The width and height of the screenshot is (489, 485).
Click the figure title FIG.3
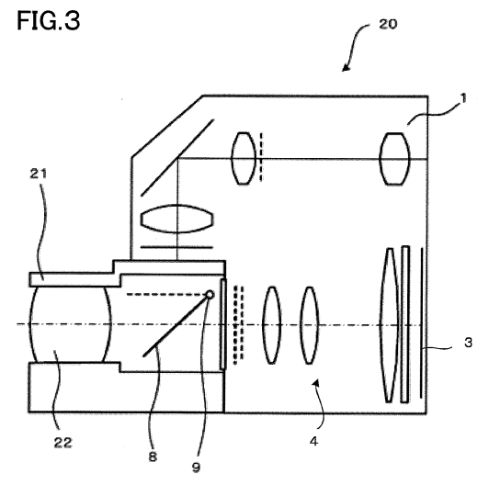49,20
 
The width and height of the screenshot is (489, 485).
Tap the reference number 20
388,24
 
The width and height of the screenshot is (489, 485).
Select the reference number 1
463,98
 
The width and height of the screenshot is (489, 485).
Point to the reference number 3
468,343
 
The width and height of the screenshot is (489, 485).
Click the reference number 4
313,441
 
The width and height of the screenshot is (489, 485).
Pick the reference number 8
153,457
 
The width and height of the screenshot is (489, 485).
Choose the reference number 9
196,468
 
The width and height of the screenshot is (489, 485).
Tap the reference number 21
39,174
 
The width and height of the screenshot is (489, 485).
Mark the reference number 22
63,443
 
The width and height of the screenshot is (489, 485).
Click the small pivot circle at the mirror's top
210,295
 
